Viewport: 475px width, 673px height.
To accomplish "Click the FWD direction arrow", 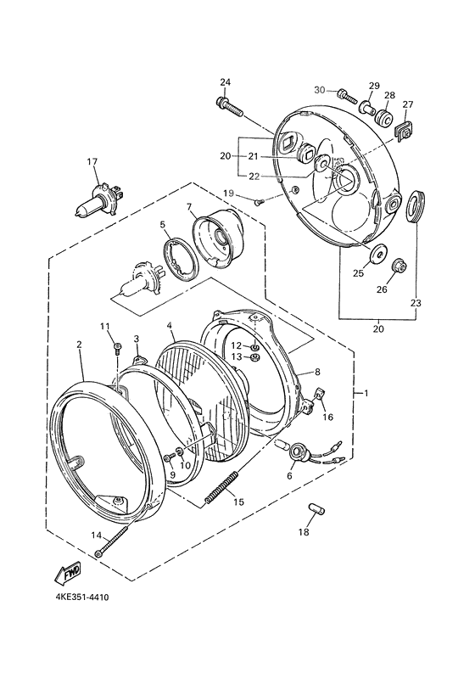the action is click(x=68, y=573).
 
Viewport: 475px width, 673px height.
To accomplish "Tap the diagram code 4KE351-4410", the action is click(x=81, y=597).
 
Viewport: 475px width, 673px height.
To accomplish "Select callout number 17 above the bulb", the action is click(x=92, y=161).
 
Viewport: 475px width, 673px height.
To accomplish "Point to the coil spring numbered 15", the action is click(x=222, y=487).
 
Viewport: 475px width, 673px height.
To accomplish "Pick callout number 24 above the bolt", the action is click(x=226, y=82).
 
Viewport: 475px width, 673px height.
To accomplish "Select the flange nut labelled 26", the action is click(x=398, y=267).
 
